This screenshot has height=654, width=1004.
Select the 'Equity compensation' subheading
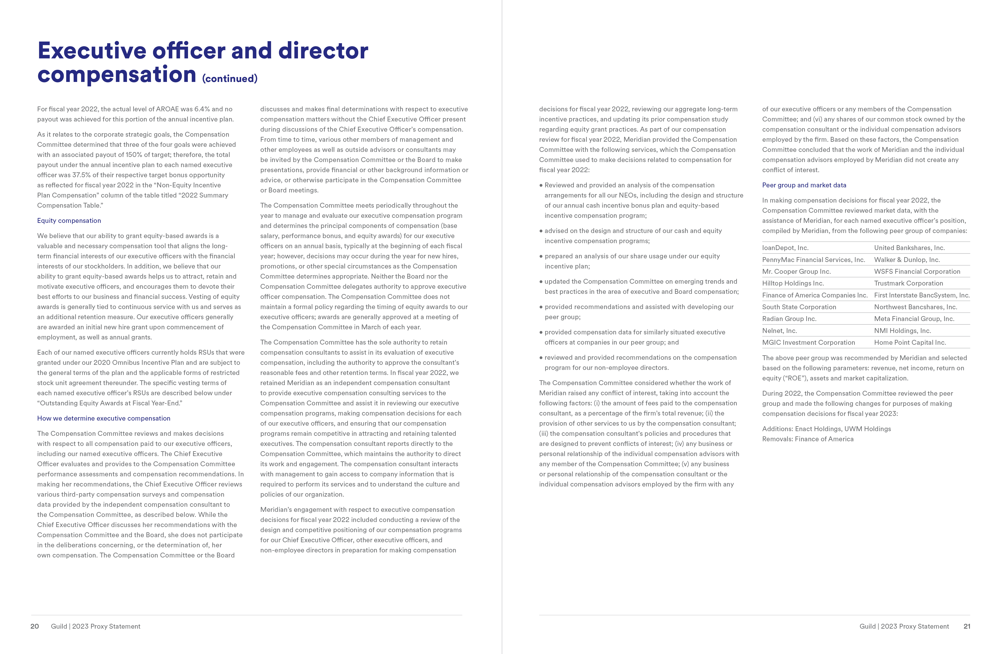pyautogui.click(x=69, y=220)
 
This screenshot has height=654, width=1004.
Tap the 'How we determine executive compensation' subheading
pyautogui.click(x=104, y=418)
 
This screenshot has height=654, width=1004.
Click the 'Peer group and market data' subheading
pyautogui.click(x=804, y=185)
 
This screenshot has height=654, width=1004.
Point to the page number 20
pyautogui.click(x=35, y=626)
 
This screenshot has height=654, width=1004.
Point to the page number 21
pyautogui.click(x=967, y=626)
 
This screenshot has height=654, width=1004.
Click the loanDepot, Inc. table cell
pyautogui.click(x=785, y=248)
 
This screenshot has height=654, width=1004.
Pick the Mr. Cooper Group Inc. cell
pyautogui.click(x=796, y=272)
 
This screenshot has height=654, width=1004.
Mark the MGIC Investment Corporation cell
pyautogui.click(x=808, y=342)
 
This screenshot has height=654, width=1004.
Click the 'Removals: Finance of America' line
pyautogui.click(x=807, y=439)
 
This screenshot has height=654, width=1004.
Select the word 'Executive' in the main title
pyautogui.click(x=92, y=51)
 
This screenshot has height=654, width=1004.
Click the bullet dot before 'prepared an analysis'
pyautogui.click(x=541, y=256)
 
